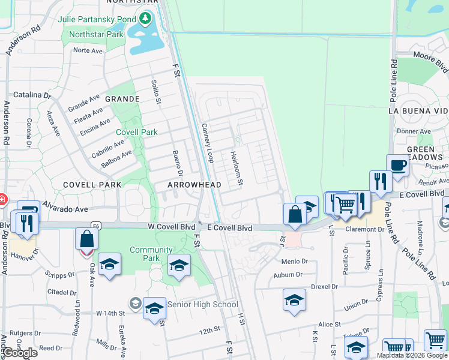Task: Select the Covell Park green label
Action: click(x=137, y=132)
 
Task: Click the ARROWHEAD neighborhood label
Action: click(x=194, y=185)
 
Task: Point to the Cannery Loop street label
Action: click(x=207, y=143)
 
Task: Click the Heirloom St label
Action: click(x=237, y=167)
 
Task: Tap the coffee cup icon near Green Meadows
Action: click(x=397, y=165)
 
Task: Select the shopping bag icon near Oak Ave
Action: click(x=87, y=239)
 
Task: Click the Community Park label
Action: click(x=151, y=254)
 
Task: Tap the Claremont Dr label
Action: click(x=364, y=229)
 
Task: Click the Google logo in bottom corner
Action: click(x=20, y=353)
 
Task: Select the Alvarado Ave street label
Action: click(x=64, y=209)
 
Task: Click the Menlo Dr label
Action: click(x=294, y=262)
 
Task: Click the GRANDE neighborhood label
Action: click(x=122, y=99)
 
